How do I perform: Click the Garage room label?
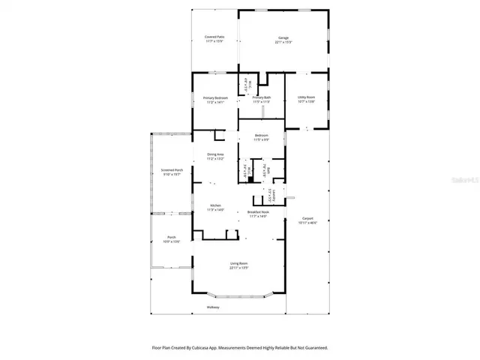[283, 37]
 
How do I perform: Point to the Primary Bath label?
[261, 97]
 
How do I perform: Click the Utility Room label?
[305, 97]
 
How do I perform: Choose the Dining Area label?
[215, 154]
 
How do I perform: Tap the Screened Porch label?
[172, 170]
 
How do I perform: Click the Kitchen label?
[215, 205]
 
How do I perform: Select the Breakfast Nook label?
[258, 212]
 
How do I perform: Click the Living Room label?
[239, 263]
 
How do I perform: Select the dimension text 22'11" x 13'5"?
[239, 268]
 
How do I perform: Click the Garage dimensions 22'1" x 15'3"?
[283, 42]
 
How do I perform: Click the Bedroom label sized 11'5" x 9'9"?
[261, 136]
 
